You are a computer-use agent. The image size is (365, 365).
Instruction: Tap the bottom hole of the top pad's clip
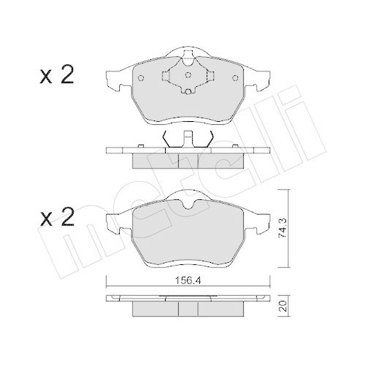pyautogui.click(x=187, y=91)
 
